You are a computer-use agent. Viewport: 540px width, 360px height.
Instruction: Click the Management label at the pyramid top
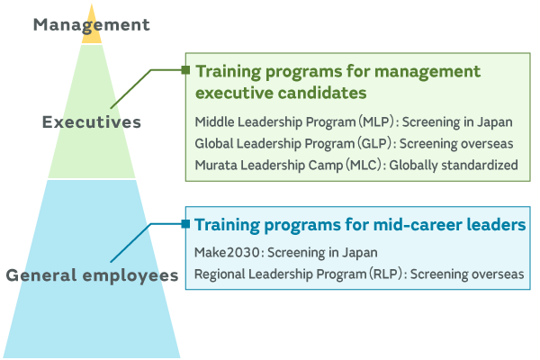91,24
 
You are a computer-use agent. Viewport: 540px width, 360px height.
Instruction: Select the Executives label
92,121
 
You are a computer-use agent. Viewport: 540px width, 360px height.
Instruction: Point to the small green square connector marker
185,69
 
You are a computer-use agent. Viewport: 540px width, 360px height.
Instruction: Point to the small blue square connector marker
185,223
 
